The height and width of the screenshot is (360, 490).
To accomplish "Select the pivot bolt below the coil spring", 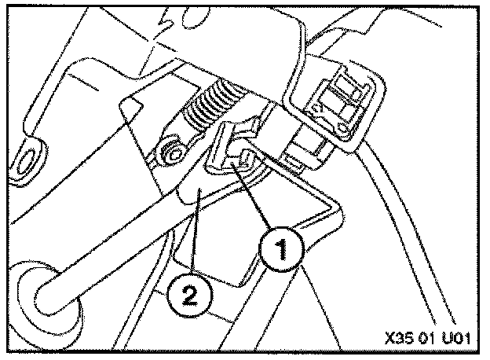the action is [x=169, y=149].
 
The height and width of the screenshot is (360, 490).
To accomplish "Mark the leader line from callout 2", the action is [x=193, y=244].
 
